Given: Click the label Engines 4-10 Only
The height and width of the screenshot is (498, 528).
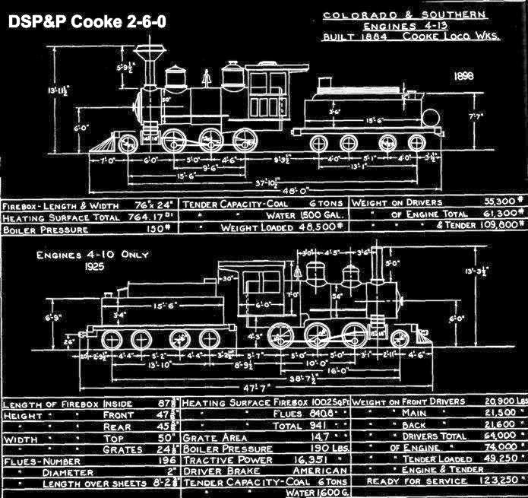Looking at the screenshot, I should [x=81, y=255].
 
